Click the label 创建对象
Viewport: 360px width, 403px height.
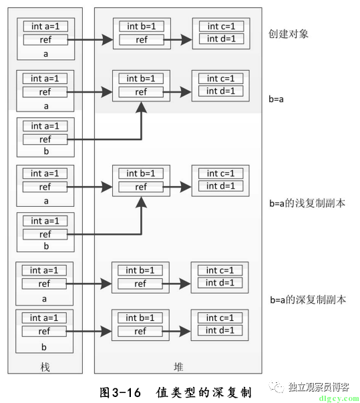point(289,34)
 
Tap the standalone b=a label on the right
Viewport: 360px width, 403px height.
point(276,99)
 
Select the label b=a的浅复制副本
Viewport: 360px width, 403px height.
point(307,203)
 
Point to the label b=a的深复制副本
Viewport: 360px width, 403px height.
point(308,300)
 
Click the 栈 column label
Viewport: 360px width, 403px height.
point(45,367)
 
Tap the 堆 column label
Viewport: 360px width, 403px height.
point(178,367)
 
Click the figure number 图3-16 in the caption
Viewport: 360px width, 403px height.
point(120,392)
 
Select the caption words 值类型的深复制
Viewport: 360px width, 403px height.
point(203,392)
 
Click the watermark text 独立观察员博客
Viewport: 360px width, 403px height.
point(319,387)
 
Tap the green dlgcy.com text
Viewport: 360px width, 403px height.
point(339,398)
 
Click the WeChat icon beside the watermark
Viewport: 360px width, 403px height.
point(277,387)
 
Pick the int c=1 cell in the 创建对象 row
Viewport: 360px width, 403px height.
point(221,26)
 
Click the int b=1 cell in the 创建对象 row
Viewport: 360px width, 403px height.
point(142,26)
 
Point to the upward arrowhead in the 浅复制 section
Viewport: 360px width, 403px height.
point(142,202)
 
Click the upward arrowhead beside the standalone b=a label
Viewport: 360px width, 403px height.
point(142,107)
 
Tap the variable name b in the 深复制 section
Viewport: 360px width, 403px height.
point(44,347)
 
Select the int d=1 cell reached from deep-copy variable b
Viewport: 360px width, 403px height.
point(220,330)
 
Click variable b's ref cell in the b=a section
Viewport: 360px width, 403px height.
point(45,139)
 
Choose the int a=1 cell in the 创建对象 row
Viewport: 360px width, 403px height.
point(45,26)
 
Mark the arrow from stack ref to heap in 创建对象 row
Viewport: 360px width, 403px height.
point(90,40)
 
